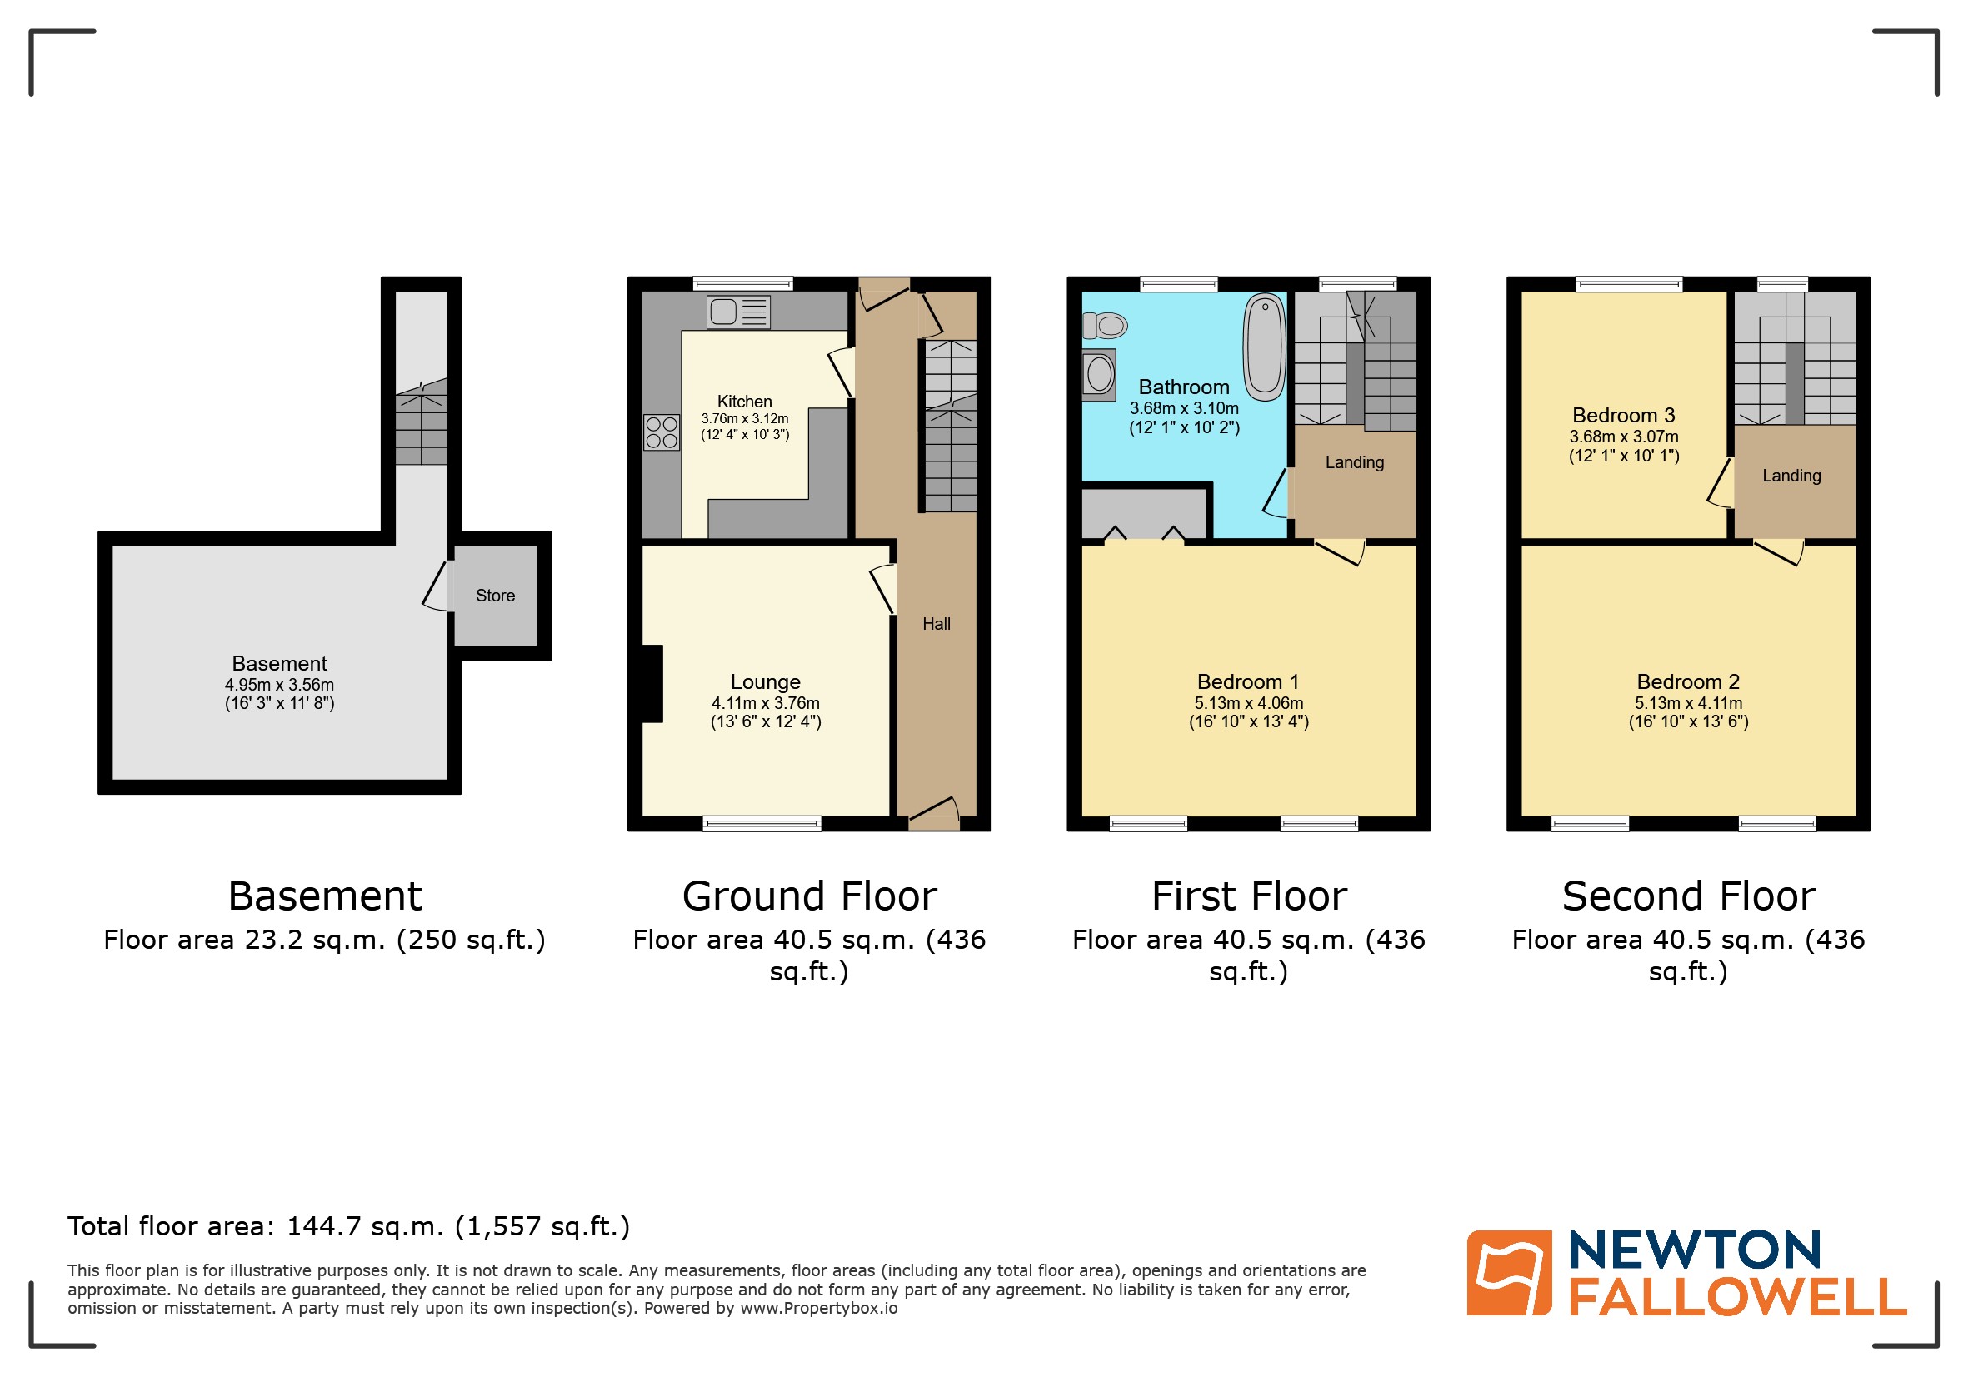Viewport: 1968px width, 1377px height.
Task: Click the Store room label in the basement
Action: coord(495,596)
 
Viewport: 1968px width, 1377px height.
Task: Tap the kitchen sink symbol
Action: coord(737,312)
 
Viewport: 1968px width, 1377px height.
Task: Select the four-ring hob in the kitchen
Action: coord(661,432)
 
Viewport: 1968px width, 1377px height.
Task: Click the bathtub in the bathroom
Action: coord(1264,347)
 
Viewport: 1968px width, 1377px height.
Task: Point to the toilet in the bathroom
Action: coord(1105,326)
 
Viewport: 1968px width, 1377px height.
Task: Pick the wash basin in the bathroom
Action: coord(1099,375)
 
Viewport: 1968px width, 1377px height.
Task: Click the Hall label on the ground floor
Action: coord(936,624)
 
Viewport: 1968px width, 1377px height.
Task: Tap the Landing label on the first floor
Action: coord(1354,462)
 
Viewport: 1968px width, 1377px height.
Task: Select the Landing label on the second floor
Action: coord(1791,476)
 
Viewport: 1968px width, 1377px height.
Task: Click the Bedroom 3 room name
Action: coord(1623,416)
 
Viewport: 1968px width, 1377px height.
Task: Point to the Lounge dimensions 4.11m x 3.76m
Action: coord(766,702)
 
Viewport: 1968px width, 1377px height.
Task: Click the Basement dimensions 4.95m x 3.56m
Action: coord(279,685)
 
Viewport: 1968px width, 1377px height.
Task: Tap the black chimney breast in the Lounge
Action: coord(652,683)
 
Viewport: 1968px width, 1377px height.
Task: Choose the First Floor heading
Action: coord(1249,897)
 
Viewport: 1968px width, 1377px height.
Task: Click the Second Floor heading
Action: coord(1689,897)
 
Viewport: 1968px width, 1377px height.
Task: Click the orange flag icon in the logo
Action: coord(1509,1273)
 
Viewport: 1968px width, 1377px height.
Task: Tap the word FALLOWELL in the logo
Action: coord(1737,1297)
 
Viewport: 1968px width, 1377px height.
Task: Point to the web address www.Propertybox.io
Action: coord(818,1309)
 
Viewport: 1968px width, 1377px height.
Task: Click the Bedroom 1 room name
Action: coord(1248,682)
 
